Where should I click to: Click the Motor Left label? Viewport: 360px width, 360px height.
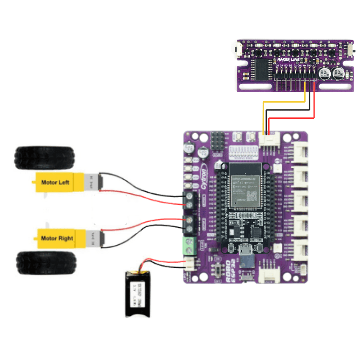(x=56, y=182)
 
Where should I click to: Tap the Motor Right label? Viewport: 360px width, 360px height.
(x=57, y=238)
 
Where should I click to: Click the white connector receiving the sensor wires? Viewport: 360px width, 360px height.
(x=269, y=140)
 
